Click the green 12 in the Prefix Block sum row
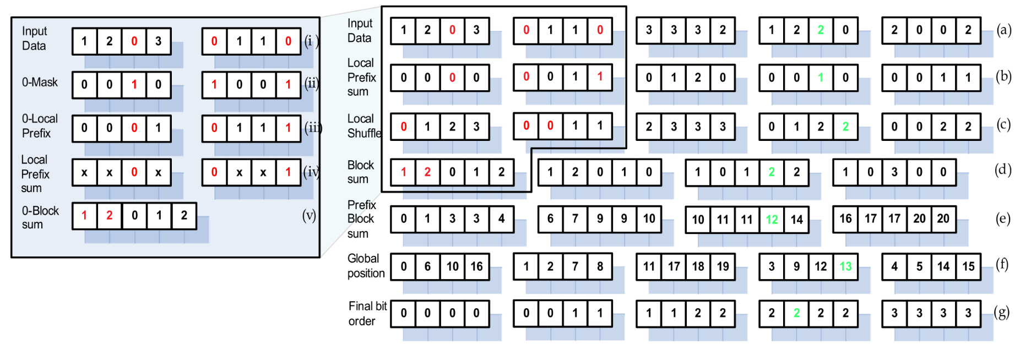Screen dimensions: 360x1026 772,220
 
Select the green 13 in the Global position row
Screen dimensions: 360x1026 845,266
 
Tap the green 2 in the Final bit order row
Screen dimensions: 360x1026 796,313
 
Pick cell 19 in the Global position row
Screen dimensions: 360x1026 723,266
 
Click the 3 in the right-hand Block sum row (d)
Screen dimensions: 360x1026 894,172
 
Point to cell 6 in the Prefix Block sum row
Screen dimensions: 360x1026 550,219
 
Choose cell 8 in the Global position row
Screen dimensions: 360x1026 600,266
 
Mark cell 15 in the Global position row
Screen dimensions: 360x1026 968,266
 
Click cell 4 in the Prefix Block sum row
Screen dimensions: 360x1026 501,219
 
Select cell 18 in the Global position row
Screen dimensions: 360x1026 698,266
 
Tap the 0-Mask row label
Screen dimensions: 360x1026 40,83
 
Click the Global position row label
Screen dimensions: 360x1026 366,266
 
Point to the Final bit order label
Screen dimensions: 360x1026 367,313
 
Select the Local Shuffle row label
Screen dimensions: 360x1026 364,126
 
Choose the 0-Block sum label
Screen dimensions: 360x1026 40,217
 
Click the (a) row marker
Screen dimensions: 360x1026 1003,30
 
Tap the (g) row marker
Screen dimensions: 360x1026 1001,313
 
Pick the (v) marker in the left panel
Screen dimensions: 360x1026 309,215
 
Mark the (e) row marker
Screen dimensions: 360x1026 1002,219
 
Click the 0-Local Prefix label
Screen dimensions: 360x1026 40,126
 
